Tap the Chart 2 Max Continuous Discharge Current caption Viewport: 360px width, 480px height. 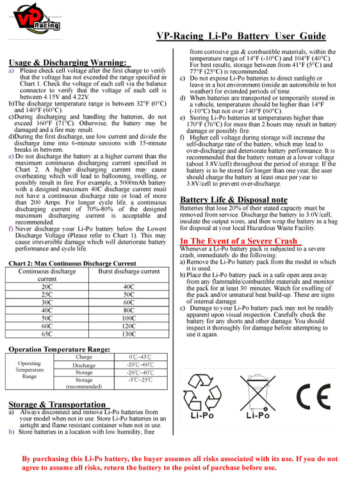click(x=72, y=263)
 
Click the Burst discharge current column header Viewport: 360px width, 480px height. click(x=129, y=271)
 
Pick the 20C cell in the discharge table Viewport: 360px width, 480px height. click(x=47, y=287)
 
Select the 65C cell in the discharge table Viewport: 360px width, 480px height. click(x=47, y=333)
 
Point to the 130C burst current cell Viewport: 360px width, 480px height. click(x=129, y=333)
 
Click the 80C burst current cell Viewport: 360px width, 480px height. click(x=129, y=310)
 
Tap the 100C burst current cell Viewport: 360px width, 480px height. click(x=129, y=317)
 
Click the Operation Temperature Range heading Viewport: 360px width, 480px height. click(x=59, y=349)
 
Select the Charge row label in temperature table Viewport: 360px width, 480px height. click(x=84, y=356)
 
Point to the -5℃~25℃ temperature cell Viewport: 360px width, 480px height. click(x=140, y=380)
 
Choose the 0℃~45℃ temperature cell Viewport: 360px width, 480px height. click(x=140, y=356)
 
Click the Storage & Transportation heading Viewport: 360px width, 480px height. click(x=56, y=404)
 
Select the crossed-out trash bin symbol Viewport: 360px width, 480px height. click(x=258, y=392)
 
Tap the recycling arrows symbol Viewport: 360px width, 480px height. click(x=202, y=390)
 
